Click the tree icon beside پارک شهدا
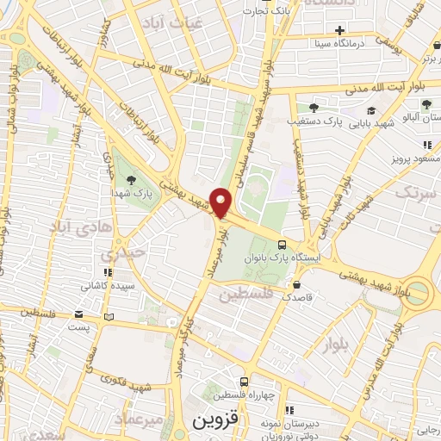pos(130,180)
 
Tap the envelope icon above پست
pos(79,315)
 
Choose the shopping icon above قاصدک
pos(297,284)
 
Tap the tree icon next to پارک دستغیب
pos(314,108)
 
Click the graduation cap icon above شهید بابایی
pos(371,110)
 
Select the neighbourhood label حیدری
pos(118,256)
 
